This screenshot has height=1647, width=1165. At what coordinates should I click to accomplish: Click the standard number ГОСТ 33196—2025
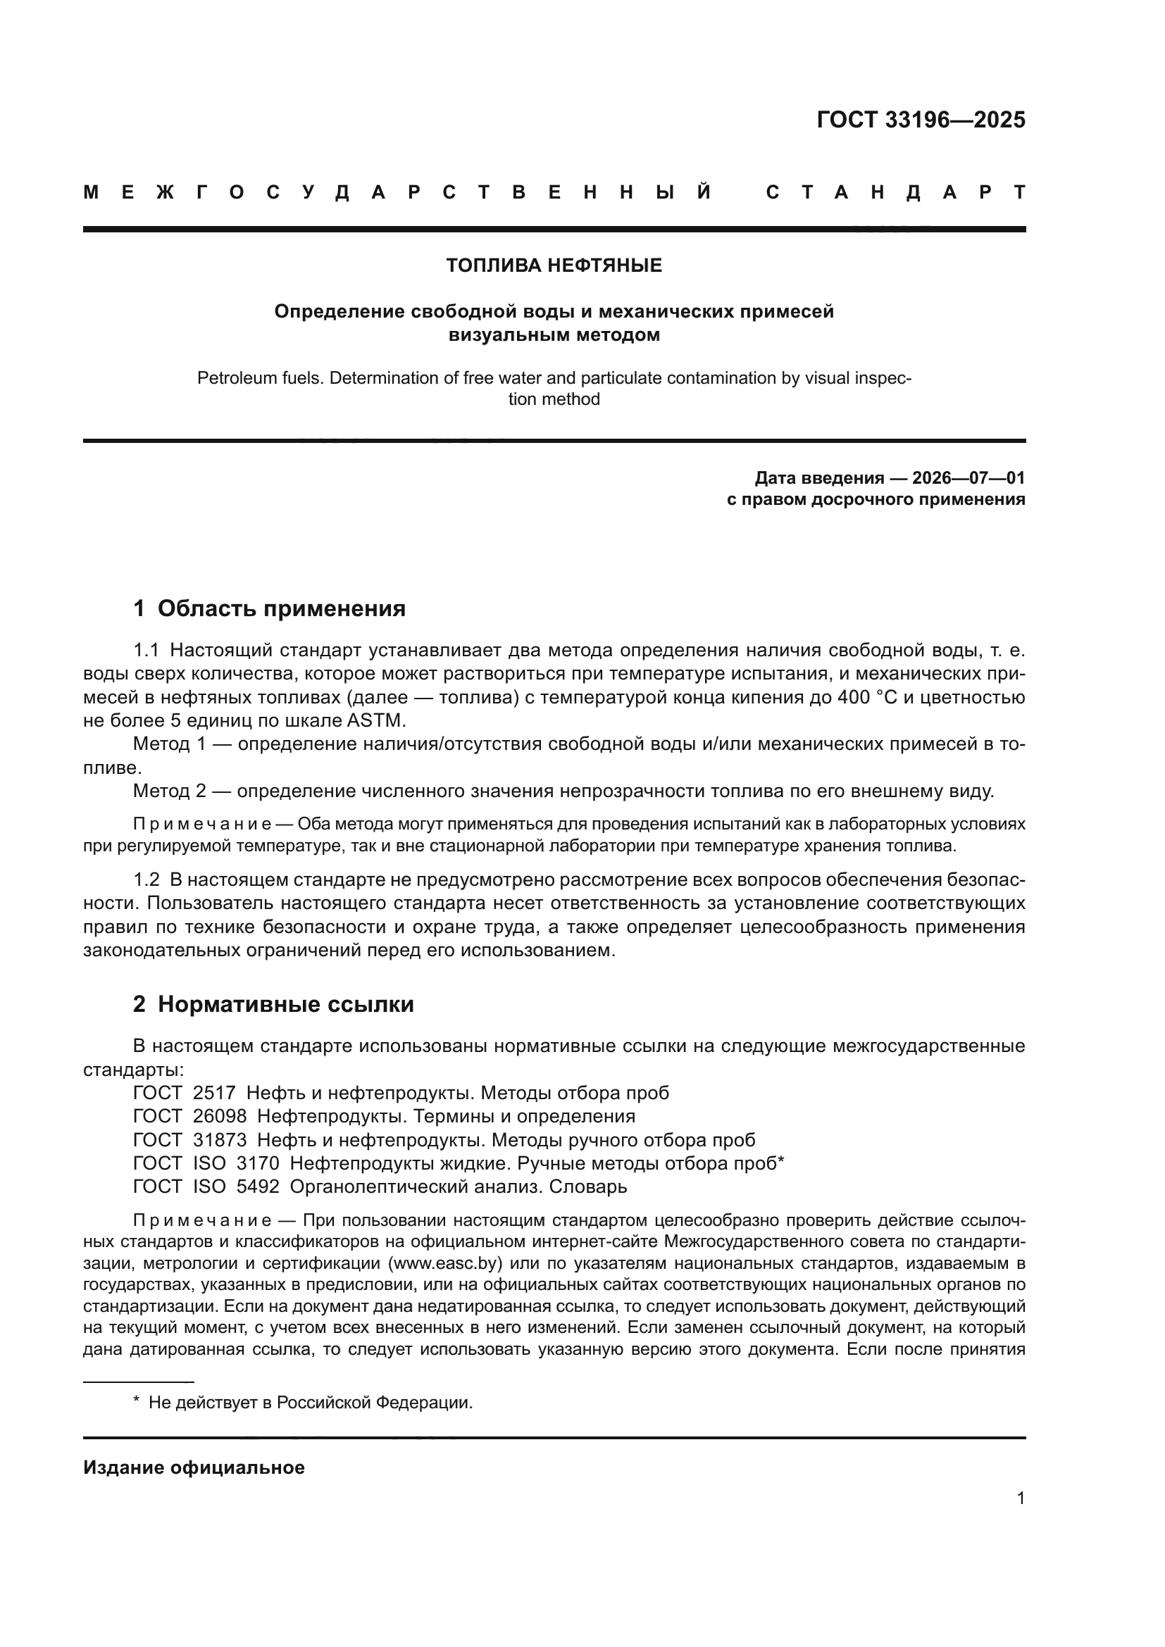[x=921, y=120]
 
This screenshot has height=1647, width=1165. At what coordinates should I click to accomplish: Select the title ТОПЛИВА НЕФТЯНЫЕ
[x=554, y=266]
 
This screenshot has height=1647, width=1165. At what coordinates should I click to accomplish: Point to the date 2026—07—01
[x=968, y=477]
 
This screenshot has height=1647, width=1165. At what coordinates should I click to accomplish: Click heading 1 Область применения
[x=269, y=609]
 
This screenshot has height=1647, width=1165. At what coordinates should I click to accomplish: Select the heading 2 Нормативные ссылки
[x=273, y=1004]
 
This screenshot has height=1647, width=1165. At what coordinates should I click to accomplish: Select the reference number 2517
[x=214, y=1093]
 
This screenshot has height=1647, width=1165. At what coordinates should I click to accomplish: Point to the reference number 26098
[x=220, y=1116]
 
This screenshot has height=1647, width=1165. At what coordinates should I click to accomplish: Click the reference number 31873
[x=220, y=1140]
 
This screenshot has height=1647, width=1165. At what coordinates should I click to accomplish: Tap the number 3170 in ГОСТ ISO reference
[x=258, y=1163]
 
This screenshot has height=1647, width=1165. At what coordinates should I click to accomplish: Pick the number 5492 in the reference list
[x=258, y=1186]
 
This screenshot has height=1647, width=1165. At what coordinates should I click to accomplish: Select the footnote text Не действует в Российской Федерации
[x=310, y=1403]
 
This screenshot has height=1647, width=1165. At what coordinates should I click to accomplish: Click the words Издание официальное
[x=194, y=1467]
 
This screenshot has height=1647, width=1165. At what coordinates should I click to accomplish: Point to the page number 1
[x=1020, y=1498]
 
